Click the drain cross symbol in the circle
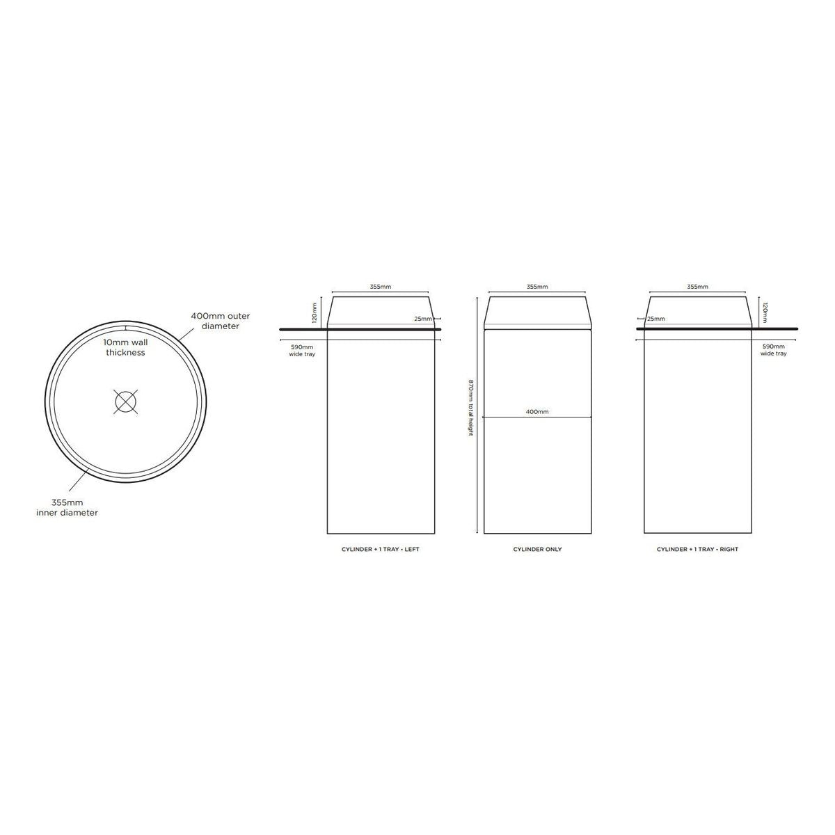pyautogui.click(x=126, y=401)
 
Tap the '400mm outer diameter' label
pyautogui.click(x=220, y=321)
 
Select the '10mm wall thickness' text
pyautogui.click(x=125, y=347)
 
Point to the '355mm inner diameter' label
pyautogui.click(x=67, y=508)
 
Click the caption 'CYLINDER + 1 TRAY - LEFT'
pyautogui.click(x=380, y=550)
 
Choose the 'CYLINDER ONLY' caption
pyautogui.click(x=537, y=550)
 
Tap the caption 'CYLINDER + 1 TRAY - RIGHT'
pyautogui.click(x=697, y=550)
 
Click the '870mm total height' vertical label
pyautogui.click(x=471, y=408)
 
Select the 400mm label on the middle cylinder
pyautogui.click(x=537, y=412)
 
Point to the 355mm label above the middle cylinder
pyautogui.click(x=537, y=287)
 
